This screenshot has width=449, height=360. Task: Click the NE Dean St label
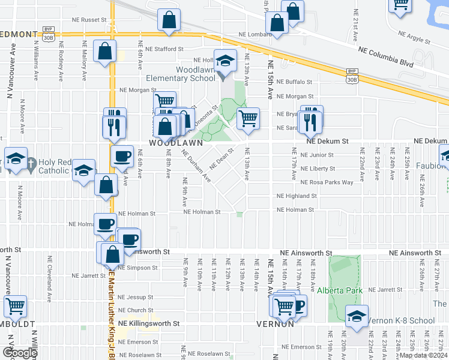pyautogui.click(x=221, y=160)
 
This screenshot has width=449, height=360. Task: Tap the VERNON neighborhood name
pyautogui.click(x=275, y=323)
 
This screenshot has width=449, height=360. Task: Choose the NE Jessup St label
pyautogui.click(x=136, y=297)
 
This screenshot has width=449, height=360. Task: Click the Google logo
pyautogui.click(x=20, y=353)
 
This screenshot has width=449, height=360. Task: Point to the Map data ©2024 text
pyautogui.click(x=423, y=355)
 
